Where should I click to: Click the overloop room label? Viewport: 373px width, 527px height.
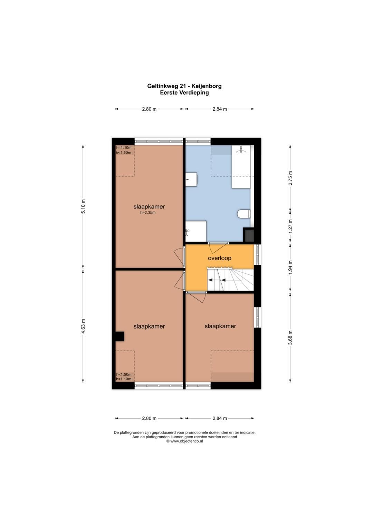(x=219, y=258)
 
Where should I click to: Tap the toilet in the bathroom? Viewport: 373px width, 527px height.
(x=243, y=214)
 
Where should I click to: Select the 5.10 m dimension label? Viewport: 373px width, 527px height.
(x=83, y=206)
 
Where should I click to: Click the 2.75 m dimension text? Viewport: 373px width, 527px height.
(x=290, y=178)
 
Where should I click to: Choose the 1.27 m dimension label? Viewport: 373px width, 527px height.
(x=290, y=226)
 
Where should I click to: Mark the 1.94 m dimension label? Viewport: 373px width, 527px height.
(x=290, y=267)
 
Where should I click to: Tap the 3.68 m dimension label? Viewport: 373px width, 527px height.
(x=290, y=338)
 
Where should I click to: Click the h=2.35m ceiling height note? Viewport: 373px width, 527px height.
(x=148, y=213)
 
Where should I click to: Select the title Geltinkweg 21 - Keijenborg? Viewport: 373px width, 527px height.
(x=184, y=86)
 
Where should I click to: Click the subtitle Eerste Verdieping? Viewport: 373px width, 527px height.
(x=184, y=93)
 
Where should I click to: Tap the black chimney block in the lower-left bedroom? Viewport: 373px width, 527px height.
(x=119, y=336)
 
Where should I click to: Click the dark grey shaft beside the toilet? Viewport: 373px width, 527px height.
(x=249, y=235)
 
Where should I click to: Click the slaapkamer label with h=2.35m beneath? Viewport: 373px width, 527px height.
(x=149, y=207)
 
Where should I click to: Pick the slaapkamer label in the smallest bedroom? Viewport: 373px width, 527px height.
(x=220, y=326)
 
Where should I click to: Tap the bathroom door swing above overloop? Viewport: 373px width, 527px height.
(x=218, y=248)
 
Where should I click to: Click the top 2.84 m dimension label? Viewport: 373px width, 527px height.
(x=220, y=109)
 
